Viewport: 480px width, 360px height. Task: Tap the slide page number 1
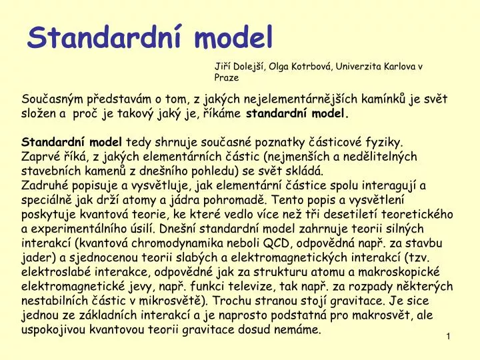click(449, 337)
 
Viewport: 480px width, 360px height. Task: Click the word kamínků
click(391, 100)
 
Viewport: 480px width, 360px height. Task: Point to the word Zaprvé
click(40, 156)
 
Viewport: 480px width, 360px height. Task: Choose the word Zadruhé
click(44, 185)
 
